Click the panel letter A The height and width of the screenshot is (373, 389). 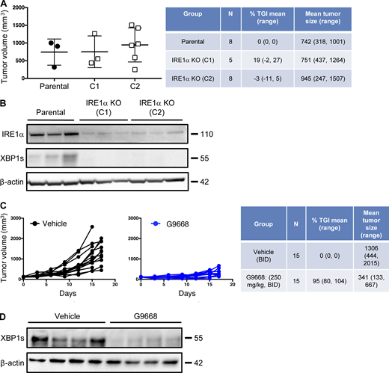(4, 6)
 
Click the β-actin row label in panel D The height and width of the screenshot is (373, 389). (16, 362)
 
